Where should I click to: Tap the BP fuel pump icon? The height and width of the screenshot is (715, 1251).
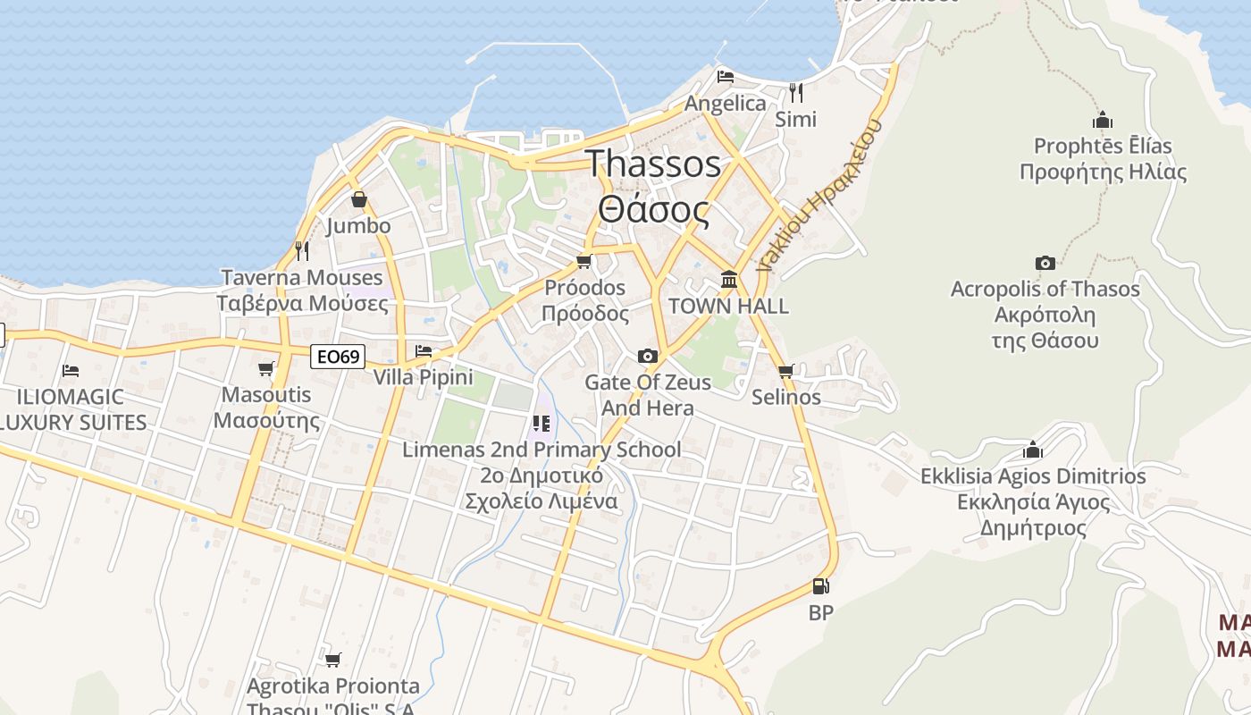[820, 587]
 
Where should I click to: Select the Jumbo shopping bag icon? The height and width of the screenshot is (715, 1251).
[358, 199]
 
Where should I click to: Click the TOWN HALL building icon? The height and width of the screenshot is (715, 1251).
[729, 280]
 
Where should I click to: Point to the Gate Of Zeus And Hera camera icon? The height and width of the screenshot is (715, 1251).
[648, 357]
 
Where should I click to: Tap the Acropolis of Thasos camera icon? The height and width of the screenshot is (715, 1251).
[1045, 263]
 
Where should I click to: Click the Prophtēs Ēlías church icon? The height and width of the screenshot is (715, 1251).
[1103, 120]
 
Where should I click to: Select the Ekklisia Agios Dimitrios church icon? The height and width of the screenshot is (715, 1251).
[1033, 450]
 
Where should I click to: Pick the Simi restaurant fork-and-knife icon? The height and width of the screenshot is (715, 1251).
[795, 92]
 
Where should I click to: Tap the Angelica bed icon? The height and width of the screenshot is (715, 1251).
[726, 77]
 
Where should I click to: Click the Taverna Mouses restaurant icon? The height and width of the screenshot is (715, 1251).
[302, 250]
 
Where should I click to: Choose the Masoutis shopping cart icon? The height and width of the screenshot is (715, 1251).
[265, 368]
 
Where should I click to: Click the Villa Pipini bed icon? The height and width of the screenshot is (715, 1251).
[424, 350]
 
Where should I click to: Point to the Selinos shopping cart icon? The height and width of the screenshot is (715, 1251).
[785, 371]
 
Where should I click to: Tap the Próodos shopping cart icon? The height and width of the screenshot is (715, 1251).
[584, 261]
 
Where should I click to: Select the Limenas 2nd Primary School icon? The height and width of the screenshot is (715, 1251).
[541, 423]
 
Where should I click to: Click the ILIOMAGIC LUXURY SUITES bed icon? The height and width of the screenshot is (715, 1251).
[71, 370]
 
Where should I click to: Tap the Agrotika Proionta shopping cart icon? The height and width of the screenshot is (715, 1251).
[332, 660]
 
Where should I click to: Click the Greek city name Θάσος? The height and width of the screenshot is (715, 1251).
[654, 211]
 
